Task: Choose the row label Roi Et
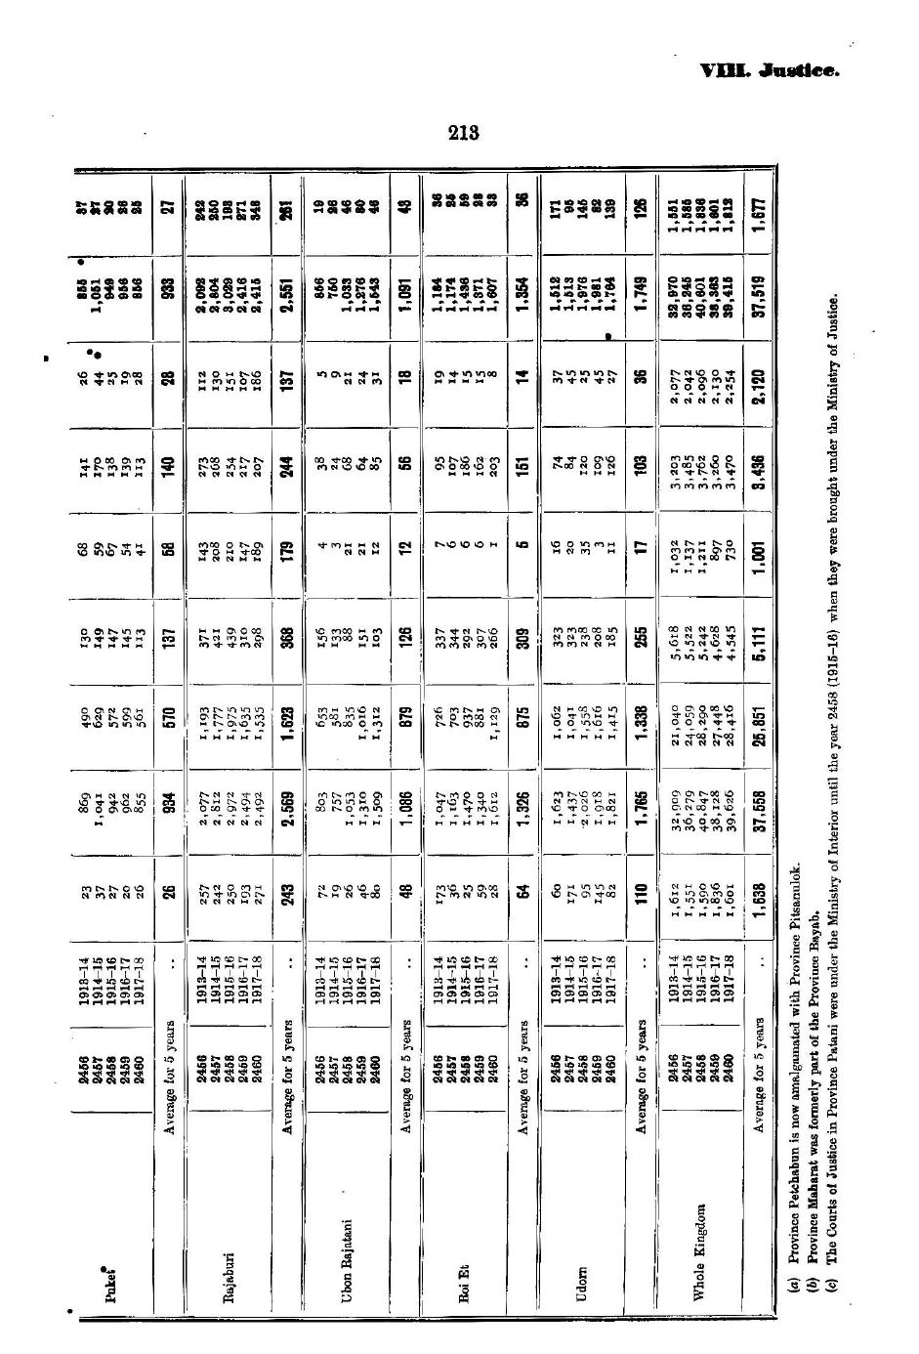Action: click(x=463, y=1287)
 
